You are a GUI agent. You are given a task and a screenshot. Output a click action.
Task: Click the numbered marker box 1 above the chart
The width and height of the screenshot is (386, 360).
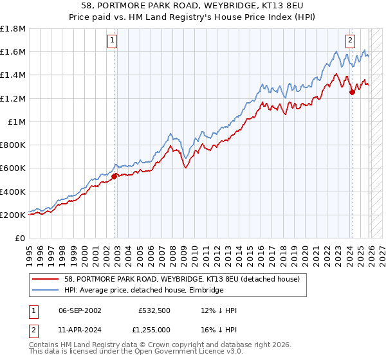pyautogui.click(x=112, y=40)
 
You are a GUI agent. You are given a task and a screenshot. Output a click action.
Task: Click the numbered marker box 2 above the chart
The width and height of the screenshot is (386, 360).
pyautogui.click(x=351, y=40)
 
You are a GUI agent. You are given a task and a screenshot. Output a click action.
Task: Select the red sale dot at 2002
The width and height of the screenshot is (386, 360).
pyautogui.click(x=115, y=175)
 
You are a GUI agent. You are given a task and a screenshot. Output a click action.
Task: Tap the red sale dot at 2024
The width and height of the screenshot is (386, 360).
pyautogui.click(x=352, y=92)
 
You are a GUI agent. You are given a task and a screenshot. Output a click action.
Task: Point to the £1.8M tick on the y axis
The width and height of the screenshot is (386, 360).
pyautogui.click(x=14, y=29)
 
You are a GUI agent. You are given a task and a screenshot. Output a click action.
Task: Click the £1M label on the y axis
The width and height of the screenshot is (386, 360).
pyautogui.click(x=17, y=122)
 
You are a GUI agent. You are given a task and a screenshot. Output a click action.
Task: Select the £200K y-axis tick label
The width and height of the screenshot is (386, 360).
pyautogui.click(x=14, y=215)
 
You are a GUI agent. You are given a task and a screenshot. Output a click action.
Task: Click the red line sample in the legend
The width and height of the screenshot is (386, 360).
pyautogui.click(x=46, y=278)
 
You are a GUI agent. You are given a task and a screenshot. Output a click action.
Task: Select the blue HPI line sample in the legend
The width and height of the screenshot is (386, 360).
pyautogui.click(x=46, y=291)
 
